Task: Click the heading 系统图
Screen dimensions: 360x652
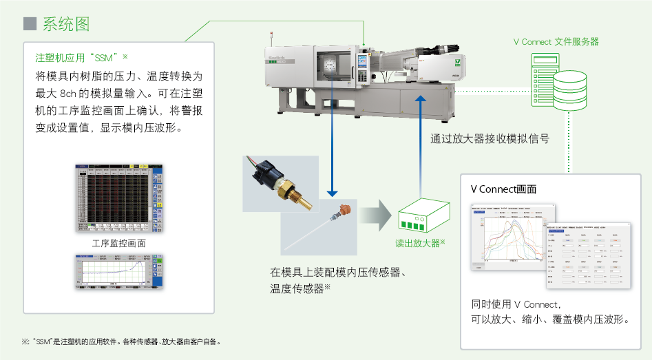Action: point(66,25)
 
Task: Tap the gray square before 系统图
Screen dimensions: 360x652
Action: point(29,25)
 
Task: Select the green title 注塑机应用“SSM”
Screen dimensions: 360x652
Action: point(78,57)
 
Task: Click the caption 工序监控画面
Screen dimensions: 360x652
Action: point(118,243)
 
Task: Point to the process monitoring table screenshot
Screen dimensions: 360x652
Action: point(118,199)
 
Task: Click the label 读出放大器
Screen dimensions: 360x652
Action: point(419,243)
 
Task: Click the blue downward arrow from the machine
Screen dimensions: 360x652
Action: point(333,138)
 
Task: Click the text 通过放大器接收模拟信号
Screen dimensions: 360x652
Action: point(490,138)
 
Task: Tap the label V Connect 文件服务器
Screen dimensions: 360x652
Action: point(556,42)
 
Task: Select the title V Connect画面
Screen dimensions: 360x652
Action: point(503,189)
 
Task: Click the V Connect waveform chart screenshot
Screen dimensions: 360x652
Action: point(513,234)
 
